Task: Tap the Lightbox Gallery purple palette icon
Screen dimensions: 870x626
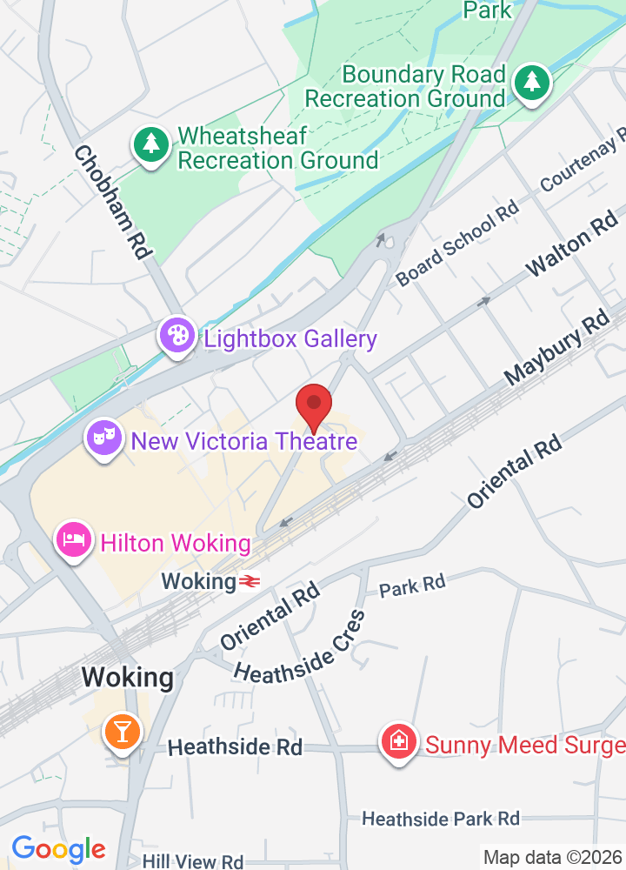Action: pos(176,336)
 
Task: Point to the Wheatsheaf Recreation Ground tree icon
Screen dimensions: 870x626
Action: pos(151,144)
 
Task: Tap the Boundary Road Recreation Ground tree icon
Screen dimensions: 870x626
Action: pos(531,83)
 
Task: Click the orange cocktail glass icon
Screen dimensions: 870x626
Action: pos(122,731)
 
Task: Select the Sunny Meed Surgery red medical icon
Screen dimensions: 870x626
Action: pos(399,742)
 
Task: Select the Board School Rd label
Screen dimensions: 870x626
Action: pos(457,243)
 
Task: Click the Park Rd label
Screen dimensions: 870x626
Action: pos(412,586)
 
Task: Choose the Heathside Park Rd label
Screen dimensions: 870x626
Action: pos(440,819)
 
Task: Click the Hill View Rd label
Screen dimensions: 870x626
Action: pos(192,861)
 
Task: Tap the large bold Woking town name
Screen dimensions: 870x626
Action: pos(127,677)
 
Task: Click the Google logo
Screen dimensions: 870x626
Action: pos(58,848)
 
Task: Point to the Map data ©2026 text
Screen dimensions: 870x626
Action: pos(553,857)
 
